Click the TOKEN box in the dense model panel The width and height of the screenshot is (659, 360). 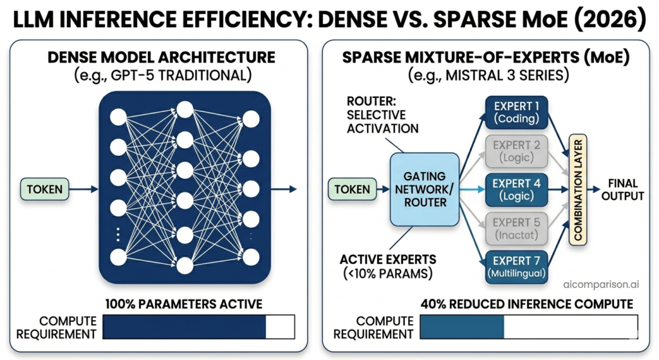tap(45, 189)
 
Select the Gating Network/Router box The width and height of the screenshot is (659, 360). tap(423, 189)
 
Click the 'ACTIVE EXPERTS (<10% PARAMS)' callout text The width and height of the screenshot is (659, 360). tap(388, 266)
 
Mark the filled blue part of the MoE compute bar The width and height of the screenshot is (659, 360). tap(461, 327)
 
